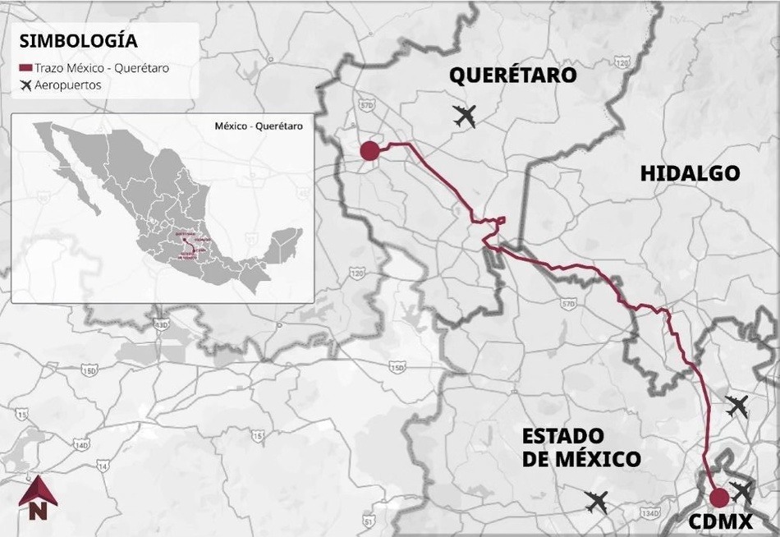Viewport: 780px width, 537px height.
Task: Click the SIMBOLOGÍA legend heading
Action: point(79,41)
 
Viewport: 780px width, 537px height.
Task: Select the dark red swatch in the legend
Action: point(25,68)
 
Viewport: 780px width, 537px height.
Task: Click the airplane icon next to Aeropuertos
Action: point(25,85)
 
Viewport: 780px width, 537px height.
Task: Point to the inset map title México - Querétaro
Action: point(258,126)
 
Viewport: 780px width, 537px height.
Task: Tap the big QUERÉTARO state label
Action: point(512,76)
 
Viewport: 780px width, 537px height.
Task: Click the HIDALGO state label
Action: point(689,173)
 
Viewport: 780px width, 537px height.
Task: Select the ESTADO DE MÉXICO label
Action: point(580,447)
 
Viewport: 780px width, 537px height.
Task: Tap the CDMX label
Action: point(721,521)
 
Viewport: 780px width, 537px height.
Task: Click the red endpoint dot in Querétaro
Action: point(369,150)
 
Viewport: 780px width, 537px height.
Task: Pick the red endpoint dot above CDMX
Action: point(718,497)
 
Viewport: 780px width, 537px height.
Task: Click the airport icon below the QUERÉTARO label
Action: point(465,117)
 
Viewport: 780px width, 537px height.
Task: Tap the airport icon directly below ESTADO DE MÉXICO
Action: point(597,501)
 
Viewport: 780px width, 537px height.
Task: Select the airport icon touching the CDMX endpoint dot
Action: point(741,492)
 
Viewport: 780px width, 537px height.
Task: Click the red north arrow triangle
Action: point(38,490)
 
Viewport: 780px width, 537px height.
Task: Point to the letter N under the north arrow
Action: point(37,512)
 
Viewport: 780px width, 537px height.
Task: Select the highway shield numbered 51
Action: point(369,521)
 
